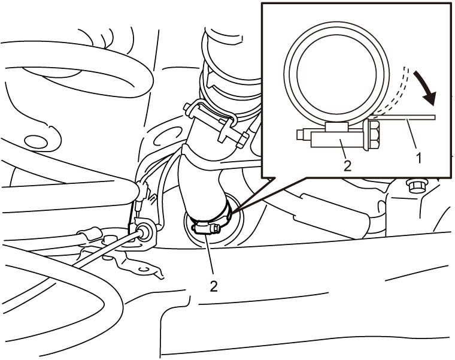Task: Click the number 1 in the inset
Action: tap(418, 159)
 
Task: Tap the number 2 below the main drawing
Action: tap(214, 286)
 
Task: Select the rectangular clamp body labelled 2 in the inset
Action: tap(336, 140)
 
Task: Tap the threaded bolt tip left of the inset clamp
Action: tap(304, 135)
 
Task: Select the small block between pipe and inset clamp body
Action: tap(336, 126)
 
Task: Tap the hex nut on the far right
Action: tap(417, 186)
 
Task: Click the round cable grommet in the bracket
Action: tap(144, 231)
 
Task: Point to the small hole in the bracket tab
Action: tap(143, 269)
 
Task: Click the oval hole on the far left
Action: tap(36, 142)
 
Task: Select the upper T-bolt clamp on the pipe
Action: tap(216, 122)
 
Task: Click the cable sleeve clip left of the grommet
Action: tap(90, 234)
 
